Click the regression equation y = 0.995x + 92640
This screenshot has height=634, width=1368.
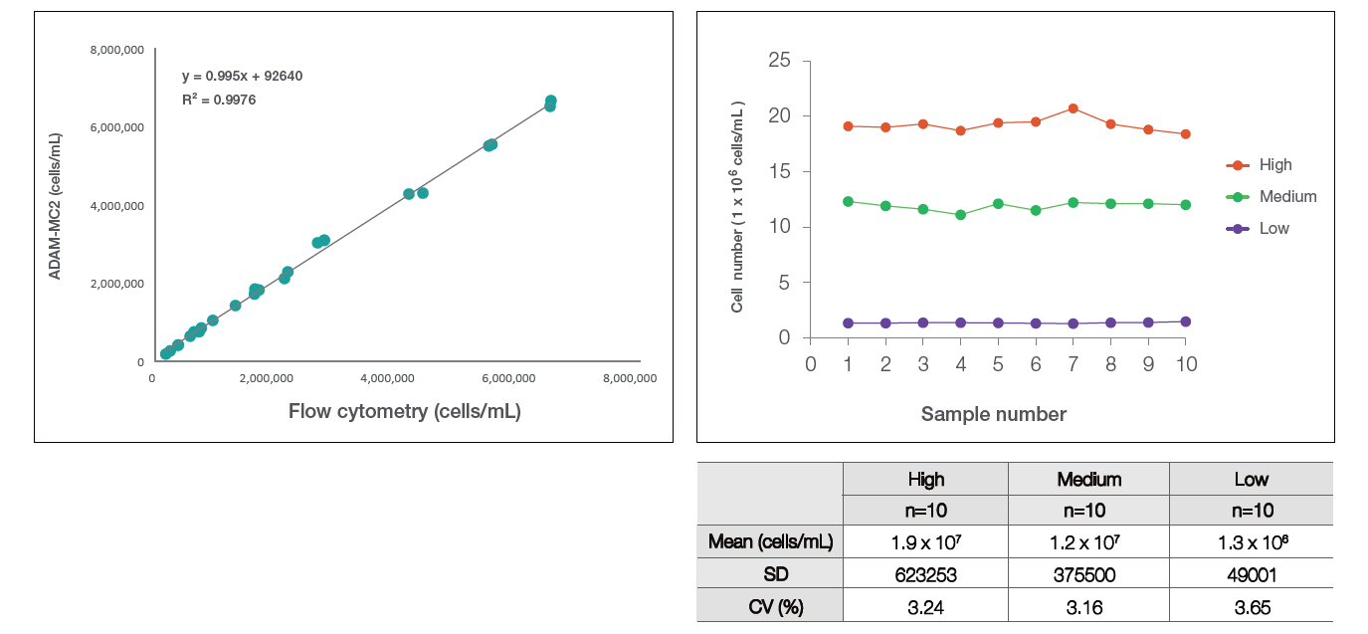point(242,76)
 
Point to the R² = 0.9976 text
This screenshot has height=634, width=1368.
point(219,100)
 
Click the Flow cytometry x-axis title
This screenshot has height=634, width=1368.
point(404,411)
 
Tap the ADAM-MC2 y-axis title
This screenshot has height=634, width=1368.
point(56,205)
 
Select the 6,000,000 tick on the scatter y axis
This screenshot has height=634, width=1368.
point(116,127)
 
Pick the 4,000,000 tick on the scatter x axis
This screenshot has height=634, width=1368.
point(387,378)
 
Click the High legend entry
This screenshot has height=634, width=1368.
point(1274,165)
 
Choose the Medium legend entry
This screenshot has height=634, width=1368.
point(1287,197)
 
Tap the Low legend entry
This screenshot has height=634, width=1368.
point(1273,229)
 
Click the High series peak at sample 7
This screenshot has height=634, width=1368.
point(1074,107)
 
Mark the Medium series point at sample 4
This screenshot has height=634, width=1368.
point(961,214)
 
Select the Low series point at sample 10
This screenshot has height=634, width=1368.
point(1185,321)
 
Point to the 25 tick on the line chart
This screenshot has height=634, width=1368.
point(780,61)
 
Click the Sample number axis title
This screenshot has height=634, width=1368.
point(993,414)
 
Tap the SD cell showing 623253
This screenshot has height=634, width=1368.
point(925,573)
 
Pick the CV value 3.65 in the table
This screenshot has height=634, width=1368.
point(1251,607)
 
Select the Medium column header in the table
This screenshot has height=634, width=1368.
point(1088,480)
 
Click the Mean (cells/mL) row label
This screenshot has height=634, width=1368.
point(770,542)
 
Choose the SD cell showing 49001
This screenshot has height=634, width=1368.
point(1251,573)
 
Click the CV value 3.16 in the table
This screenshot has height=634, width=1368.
point(1088,607)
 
